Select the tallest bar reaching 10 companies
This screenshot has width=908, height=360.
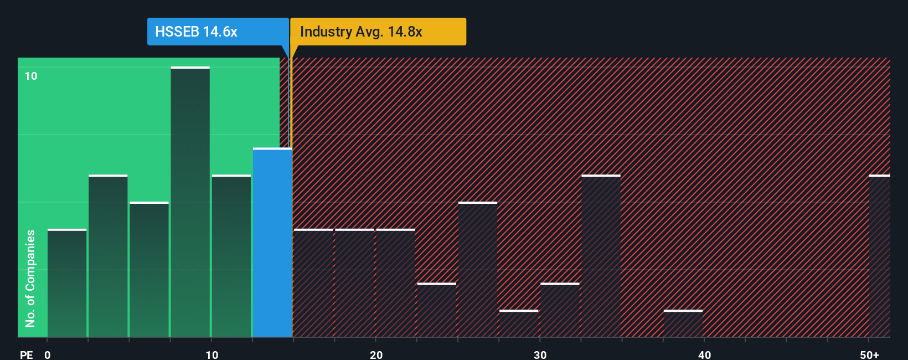(x=190, y=202)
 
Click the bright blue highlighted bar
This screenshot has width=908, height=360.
(x=272, y=243)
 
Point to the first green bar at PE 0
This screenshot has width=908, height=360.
(x=67, y=283)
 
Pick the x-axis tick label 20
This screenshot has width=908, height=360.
(x=376, y=354)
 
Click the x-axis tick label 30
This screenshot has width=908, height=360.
(x=540, y=354)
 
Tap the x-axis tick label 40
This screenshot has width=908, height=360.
(x=704, y=354)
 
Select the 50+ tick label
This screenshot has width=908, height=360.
(x=869, y=354)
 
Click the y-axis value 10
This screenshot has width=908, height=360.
(x=31, y=76)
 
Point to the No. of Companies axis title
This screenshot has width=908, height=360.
(x=30, y=278)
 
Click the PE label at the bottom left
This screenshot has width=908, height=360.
(x=26, y=354)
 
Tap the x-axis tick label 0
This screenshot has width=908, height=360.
(x=48, y=354)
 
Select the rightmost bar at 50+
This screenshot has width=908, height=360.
(x=879, y=256)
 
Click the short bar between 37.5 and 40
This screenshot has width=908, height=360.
(x=683, y=323)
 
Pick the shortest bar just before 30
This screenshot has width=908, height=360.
(x=518, y=323)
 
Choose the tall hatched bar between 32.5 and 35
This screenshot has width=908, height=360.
(x=601, y=256)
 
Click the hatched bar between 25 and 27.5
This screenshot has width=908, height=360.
(x=478, y=270)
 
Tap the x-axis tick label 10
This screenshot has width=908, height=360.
(x=211, y=354)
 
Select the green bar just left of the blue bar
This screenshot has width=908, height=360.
(x=231, y=256)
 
